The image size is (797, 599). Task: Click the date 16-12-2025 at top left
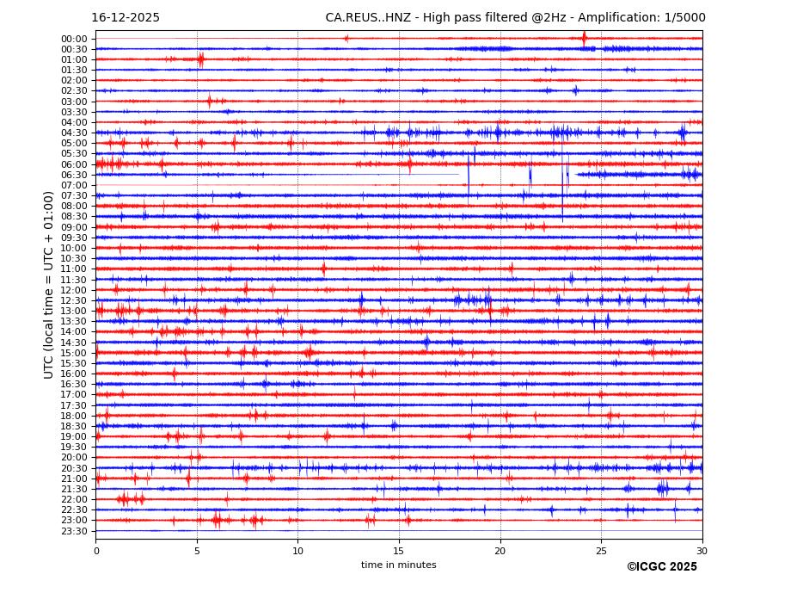pyautogui.click(x=126, y=18)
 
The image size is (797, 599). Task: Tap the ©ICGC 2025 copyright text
pyautogui.click(x=661, y=567)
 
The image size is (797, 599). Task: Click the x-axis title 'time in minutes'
pyautogui.click(x=398, y=565)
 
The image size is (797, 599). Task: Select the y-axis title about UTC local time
pyautogui.click(x=50, y=285)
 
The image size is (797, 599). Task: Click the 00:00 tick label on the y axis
pyautogui.click(x=74, y=39)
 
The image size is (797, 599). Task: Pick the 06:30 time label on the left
pyautogui.click(x=74, y=175)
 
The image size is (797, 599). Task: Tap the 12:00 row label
pyautogui.click(x=74, y=290)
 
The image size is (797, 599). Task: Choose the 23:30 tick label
pyautogui.click(x=74, y=531)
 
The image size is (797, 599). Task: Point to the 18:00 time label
pyautogui.click(x=74, y=416)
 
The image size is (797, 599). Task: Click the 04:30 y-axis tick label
pyautogui.click(x=74, y=133)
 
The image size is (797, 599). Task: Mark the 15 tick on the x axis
pyautogui.click(x=399, y=552)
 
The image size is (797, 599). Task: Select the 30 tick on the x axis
pyautogui.click(x=702, y=552)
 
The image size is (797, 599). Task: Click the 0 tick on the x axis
pyautogui.click(x=96, y=552)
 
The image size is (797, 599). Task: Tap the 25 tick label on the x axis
pyautogui.click(x=601, y=552)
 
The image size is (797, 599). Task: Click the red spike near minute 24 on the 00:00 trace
pyautogui.click(x=584, y=37)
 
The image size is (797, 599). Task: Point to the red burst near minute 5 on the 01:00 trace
pyautogui.click(x=200, y=59)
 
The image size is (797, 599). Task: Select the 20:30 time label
pyautogui.click(x=74, y=468)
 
